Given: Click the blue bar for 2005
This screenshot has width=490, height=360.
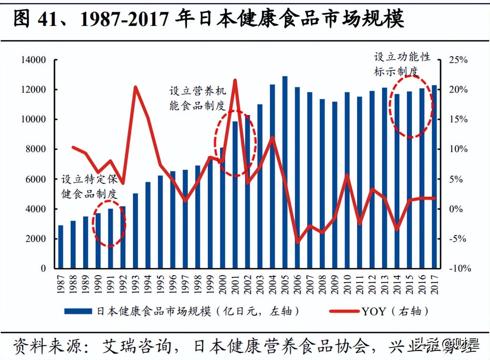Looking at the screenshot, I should [x=285, y=173].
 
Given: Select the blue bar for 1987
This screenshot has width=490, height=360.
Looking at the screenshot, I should [x=61, y=247].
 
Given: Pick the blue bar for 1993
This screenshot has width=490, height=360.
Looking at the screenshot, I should [x=135, y=231].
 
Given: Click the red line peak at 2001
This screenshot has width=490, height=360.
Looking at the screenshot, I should [x=235, y=80].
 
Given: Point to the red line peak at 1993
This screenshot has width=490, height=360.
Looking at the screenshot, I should [x=135, y=88].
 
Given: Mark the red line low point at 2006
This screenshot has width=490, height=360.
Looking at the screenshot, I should [x=297, y=242].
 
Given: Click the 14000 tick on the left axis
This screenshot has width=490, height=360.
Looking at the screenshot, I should [x=33, y=60].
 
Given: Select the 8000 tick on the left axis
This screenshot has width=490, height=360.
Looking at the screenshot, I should [x=36, y=149].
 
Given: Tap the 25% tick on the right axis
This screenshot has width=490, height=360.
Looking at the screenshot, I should [x=458, y=60].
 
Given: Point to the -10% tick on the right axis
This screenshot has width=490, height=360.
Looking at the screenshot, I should [x=460, y=268].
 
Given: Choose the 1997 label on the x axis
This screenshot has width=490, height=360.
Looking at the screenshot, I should [x=185, y=285].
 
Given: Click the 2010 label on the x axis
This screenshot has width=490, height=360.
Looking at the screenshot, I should [x=347, y=285].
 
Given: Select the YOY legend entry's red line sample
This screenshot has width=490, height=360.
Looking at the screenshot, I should [x=344, y=311].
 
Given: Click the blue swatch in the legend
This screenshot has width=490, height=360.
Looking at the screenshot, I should [x=78, y=311].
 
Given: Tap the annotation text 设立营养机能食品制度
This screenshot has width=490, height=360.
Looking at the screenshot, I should [x=197, y=98].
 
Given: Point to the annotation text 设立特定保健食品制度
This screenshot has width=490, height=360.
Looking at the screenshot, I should [x=89, y=187].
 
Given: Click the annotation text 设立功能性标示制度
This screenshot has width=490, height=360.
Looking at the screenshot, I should [x=402, y=64].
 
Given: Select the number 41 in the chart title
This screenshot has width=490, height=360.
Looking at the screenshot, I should [x=48, y=19].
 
